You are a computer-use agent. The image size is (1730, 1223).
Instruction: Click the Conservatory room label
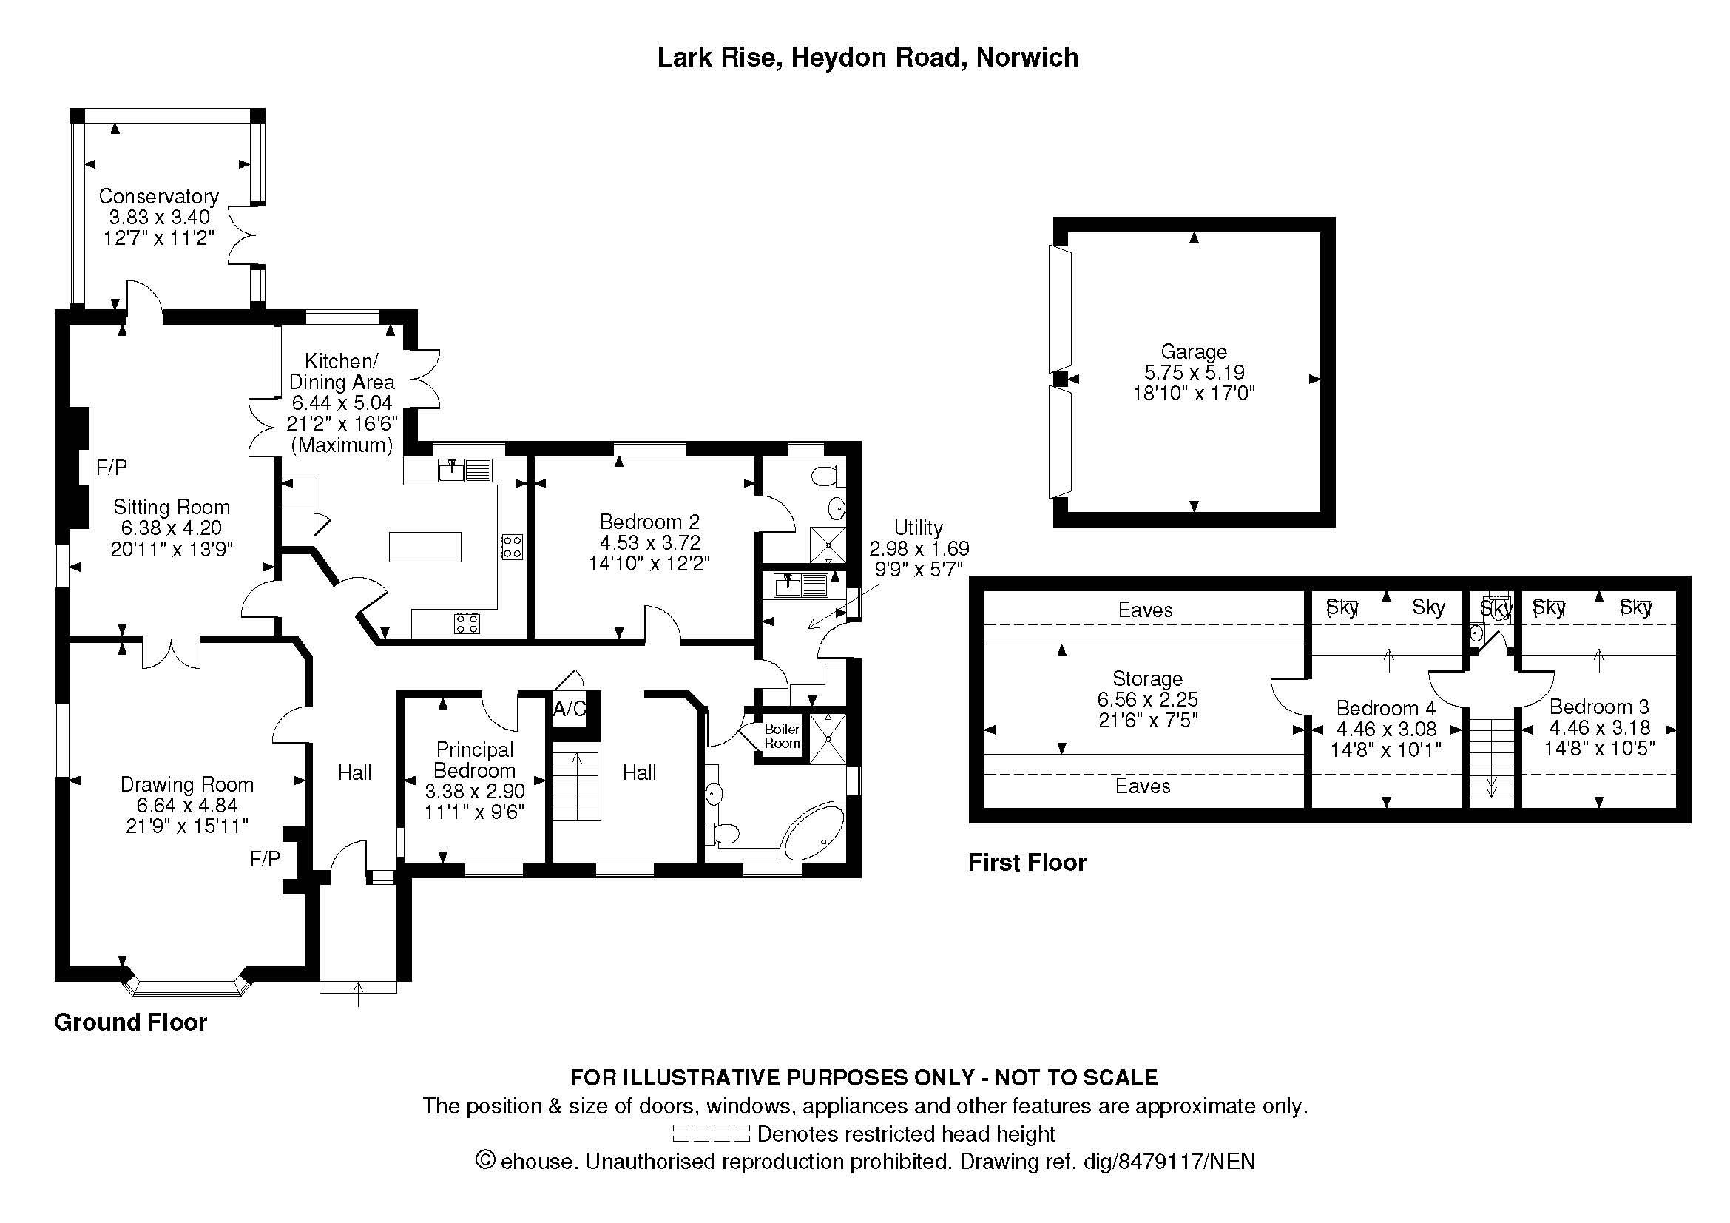(x=158, y=197)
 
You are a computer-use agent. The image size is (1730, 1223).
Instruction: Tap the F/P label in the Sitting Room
(x=112, y=468)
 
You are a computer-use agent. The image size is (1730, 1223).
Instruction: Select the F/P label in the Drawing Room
(x=265, y=858)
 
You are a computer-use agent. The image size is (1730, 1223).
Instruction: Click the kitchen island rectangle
(x=425, y=546)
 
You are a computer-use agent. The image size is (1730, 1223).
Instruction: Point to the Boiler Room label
(x=781, y=736)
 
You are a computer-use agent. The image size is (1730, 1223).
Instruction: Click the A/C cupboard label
(x=569, y=709)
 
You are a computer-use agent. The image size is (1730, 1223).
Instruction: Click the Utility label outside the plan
(x=918, y=528)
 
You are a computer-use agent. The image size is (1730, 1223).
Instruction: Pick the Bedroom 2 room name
(x=649, y=522)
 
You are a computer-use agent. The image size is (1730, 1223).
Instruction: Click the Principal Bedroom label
(x=475, y=760)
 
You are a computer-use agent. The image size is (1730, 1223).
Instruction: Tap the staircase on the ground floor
(x=576, y=781)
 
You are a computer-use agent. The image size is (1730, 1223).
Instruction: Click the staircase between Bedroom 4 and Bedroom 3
(x=1491, y=761)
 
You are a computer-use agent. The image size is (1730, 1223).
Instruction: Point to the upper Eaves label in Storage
(x=1144, y=610)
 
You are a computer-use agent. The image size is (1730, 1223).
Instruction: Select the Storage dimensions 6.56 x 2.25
(x=1147, y=699)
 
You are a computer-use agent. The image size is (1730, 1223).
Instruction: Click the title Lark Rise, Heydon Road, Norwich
(x=868, y=58)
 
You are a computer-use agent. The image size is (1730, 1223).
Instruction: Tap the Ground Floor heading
(x=130, y=1022)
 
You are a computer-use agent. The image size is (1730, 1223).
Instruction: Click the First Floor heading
(x=1027, y=863)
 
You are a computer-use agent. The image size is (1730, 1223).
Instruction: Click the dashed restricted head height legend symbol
(x=711, y=1133)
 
